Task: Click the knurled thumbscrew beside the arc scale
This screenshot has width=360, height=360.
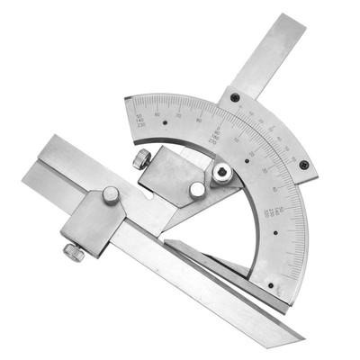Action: click(141, 160)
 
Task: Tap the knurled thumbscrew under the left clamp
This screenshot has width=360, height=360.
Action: click(74, 253)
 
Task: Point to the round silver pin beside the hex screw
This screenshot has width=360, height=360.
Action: click(196, 189)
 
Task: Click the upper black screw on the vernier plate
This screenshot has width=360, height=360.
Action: click(235, 97)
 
